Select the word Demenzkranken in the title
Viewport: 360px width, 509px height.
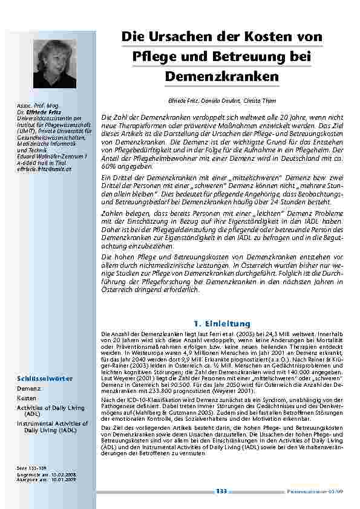pos(221,77)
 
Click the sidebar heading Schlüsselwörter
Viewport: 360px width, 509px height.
pos(44,378)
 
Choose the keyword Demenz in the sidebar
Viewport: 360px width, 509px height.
pos(29,389)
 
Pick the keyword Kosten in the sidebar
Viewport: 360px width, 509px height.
pos(27,398)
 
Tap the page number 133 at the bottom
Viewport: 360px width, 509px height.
pos(222,491)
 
